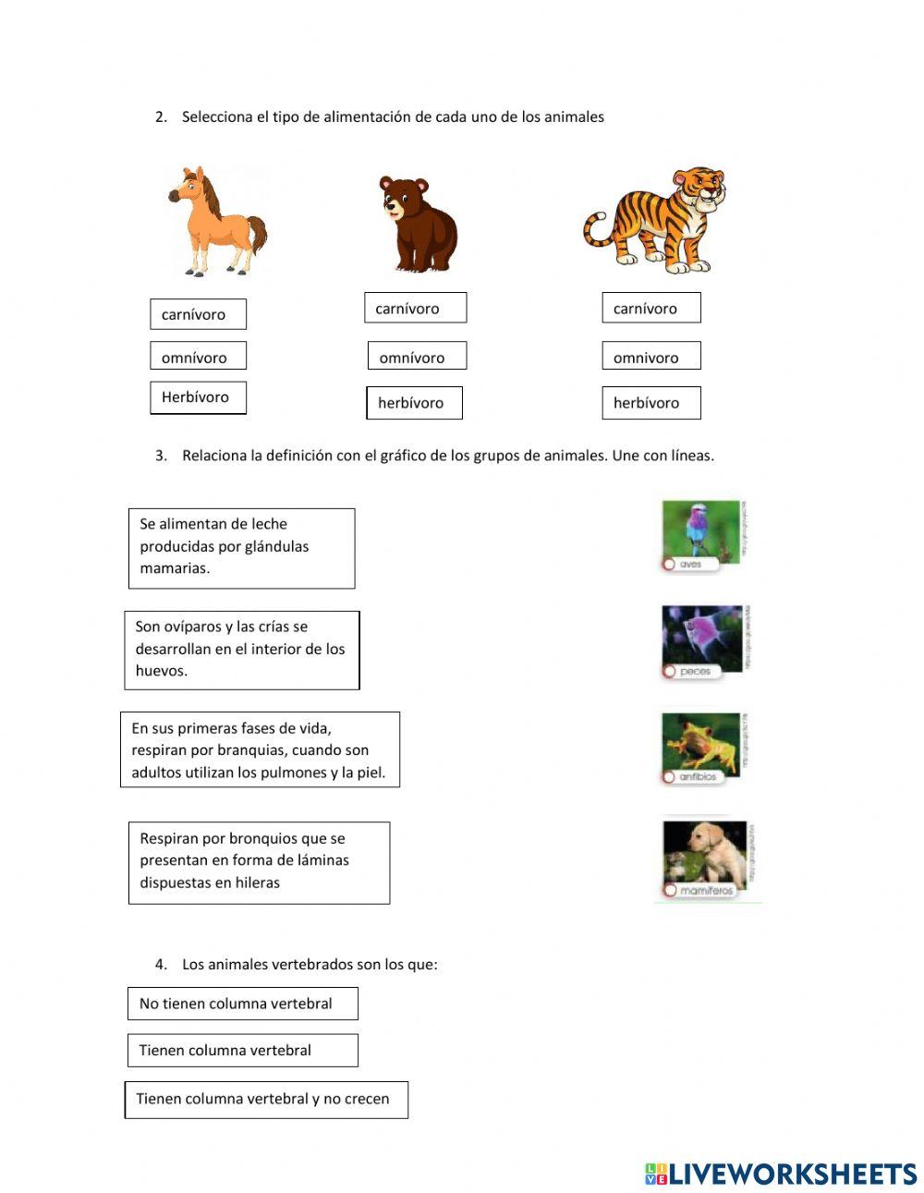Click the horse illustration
218,222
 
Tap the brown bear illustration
417,225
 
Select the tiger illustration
655,221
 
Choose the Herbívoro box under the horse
198,397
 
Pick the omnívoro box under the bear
417,357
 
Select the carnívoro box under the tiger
650,309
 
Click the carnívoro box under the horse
198,314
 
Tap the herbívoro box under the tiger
650,403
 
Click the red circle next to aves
668,564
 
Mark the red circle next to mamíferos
669,890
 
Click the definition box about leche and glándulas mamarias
241,548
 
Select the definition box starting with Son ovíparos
241,650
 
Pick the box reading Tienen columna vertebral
242,1051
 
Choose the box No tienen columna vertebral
242,1004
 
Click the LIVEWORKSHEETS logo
781,1174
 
